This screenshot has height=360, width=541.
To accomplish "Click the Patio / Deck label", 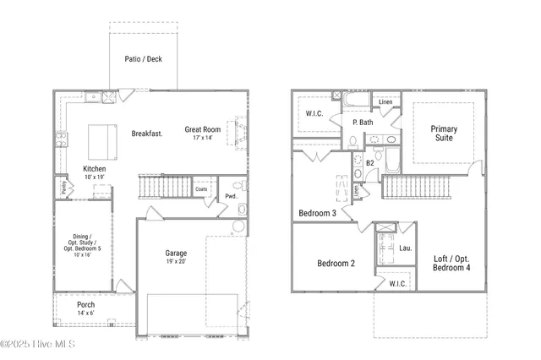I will [144, 58].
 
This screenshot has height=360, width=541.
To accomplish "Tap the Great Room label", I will [203, 129].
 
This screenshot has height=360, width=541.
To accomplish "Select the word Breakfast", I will [147, 134].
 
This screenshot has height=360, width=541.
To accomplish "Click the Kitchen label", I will [94, 169].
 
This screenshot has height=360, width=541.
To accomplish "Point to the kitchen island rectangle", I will [104, 136].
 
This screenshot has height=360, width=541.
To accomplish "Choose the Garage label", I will [176, 253].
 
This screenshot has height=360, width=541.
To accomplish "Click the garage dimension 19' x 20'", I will [176, 262].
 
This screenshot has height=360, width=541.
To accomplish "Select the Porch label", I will [85, 304].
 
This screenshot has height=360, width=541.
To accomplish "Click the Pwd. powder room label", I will [230, 197].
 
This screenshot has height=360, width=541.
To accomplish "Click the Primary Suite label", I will [444, 134].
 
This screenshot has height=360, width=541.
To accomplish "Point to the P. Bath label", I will [363, 123].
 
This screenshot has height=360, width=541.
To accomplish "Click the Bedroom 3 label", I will [317, 213].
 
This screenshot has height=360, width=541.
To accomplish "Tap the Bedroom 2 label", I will [336, 264].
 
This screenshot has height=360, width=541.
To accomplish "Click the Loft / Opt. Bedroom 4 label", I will [451, 263].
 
